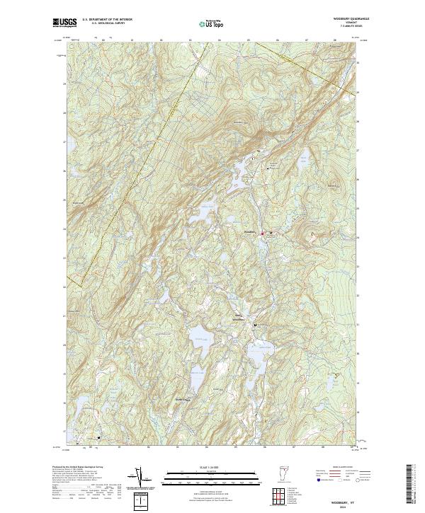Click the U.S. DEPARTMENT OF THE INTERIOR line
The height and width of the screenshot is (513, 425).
(107, 19)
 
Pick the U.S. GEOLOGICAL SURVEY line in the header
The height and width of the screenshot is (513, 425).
(107, 23)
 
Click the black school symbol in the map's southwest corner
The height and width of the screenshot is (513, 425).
(98, 437)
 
